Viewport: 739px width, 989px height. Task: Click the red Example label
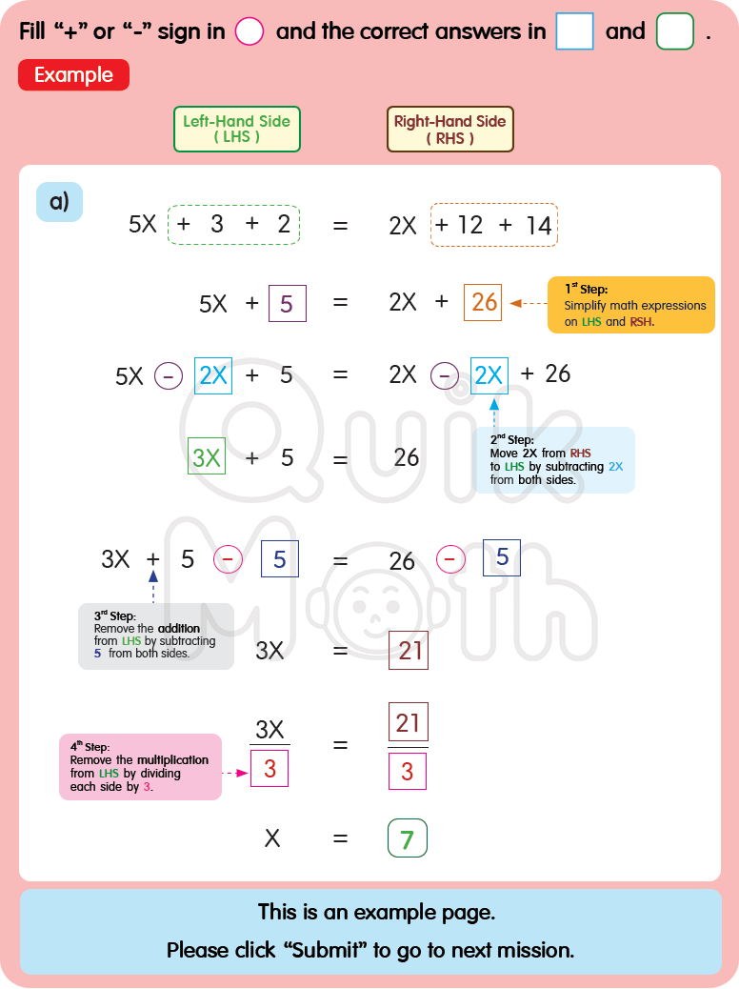(73, 75)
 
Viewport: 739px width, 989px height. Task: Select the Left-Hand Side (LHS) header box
(236, 129)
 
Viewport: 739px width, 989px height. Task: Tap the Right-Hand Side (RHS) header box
(449, 129)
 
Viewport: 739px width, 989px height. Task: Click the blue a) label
(59, 201)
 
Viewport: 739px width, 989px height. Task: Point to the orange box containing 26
(484, 302)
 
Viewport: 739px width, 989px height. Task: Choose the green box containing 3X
(207, 457)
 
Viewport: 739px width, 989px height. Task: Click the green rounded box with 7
(408, 838)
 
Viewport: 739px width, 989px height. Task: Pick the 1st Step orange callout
(630, 305)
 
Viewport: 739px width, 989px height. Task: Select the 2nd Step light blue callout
(553, 460)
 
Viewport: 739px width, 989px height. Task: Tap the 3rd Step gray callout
(155, 636)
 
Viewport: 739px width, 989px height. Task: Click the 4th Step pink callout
(139, 766)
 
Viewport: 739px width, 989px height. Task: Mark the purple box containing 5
(287, 304)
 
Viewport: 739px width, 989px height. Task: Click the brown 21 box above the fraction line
(408, 722)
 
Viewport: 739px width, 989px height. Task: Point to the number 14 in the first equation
(538, 226)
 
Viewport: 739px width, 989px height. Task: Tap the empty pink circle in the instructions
(249, 31)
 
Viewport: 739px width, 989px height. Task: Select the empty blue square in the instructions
(574, 31)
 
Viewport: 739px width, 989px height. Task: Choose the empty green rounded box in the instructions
(675, 31)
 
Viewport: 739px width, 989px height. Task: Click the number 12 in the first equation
(469, 226)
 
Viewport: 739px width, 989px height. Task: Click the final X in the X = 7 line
(272, 838)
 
